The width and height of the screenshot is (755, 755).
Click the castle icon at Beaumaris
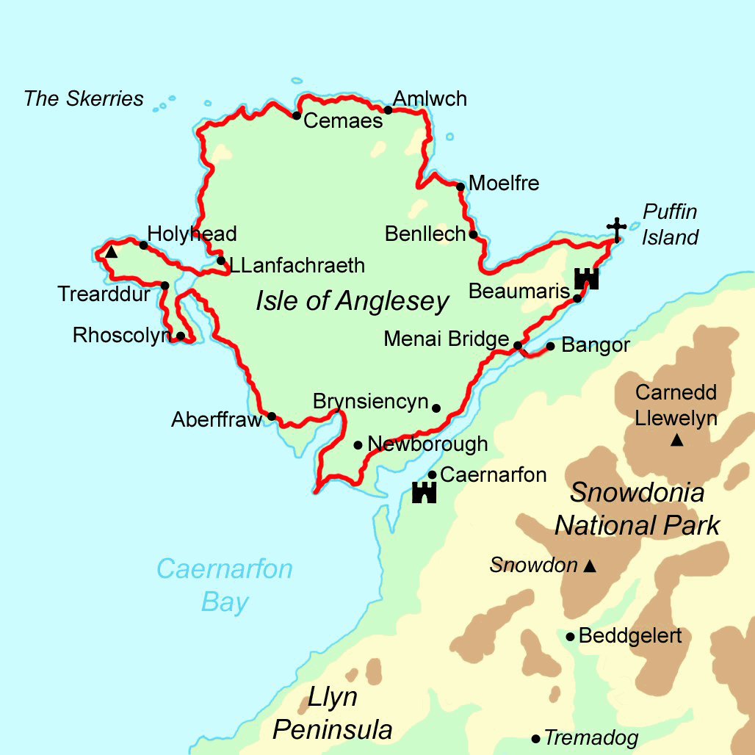click(x=587, y=278)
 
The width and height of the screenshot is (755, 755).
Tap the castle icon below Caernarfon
click(x=425, y=493)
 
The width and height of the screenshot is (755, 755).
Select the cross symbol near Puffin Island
click(x=617, y=229)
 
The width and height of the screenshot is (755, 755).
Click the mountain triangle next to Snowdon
click(x=589, y=566)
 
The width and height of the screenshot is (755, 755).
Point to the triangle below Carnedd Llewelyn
click(x=676, y=441)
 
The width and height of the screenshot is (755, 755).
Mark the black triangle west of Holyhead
click(x=110, y=253)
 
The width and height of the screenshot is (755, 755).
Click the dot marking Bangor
click(x=550, y=346)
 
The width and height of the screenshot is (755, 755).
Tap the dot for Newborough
click(x=358, y=444)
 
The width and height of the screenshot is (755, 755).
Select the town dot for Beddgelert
click(x=570, y=636)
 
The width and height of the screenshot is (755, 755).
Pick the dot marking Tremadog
click(x=536, y=738)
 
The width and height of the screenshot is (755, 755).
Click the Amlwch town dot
click(x=388, y=111)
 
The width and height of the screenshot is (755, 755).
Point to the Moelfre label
click(x=504, y=183)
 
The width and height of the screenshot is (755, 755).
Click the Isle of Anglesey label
click(x=352, y=301)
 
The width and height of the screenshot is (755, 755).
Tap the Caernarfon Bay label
click(x=225, y=585)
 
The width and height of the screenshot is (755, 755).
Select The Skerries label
click(x=84, y=98)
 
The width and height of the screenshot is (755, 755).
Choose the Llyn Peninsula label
click(x=332, y=713)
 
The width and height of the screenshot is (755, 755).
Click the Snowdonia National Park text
click(x=637, y=508)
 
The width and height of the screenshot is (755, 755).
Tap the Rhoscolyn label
click(x=120, y=336)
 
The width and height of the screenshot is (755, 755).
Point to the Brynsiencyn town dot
click(x=436, y=408)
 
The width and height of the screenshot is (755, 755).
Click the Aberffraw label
click(x=217, y=419)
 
